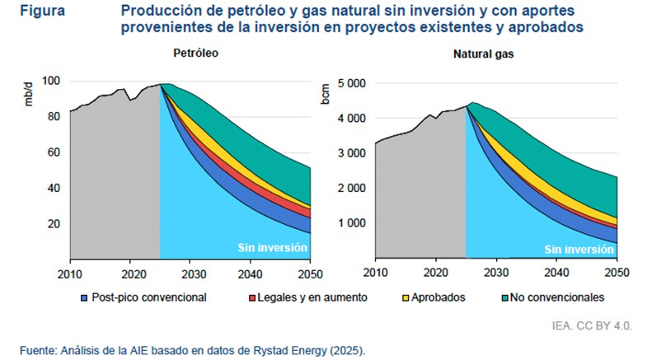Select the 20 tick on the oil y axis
56,223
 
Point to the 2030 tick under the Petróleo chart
192,273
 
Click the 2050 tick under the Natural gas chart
617,273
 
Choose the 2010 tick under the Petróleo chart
70,273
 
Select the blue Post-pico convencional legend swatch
84,297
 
